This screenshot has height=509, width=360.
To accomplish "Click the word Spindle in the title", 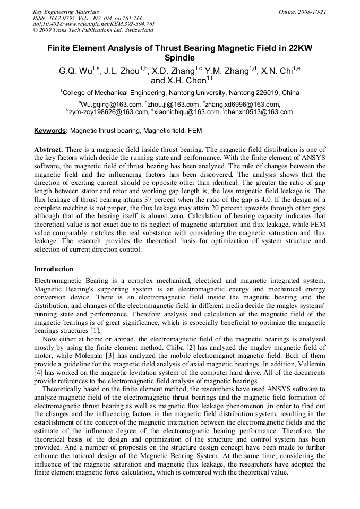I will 179,58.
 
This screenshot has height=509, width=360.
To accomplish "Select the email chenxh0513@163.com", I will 259,112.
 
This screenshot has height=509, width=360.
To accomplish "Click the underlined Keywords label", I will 50,131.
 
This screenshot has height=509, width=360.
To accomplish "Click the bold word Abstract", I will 49,150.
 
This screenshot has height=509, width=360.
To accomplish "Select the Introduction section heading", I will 54,269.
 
